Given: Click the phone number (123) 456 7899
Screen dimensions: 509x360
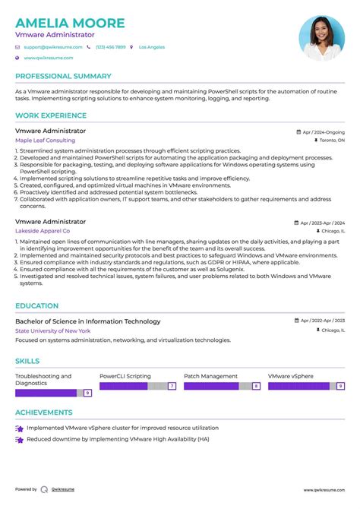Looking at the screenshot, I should click(x=110, y=47).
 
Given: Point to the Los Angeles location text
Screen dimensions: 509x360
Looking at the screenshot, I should click(x=151, y=47).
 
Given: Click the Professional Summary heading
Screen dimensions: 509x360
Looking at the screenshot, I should click(x=63, y=76).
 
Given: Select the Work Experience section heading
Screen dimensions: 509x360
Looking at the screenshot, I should click(x=51, y=115).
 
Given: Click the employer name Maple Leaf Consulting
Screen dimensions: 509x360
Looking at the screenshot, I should click(x=45, y=141).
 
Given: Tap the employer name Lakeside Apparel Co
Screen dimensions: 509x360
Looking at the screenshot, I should click(x=43, y=230).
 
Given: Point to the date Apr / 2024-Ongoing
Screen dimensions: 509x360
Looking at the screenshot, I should click(x=323, y=131).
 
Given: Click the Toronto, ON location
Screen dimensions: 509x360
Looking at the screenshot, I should click(x=331, y=141).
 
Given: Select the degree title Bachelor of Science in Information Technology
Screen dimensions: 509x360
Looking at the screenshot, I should click(x=87, y=321).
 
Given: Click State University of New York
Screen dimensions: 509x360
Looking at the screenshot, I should click(x=52, y=331).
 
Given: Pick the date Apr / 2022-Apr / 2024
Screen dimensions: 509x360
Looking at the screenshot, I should click(x=322, y=321).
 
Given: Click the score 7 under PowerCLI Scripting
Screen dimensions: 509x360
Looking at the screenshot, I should click(x=172, y=386).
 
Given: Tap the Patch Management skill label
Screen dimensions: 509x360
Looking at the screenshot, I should click(x=210, y=376).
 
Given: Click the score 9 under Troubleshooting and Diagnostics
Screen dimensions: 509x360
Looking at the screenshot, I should click(x=88, y=393).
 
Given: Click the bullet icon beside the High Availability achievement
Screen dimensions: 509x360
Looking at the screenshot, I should click(x=20, y=441).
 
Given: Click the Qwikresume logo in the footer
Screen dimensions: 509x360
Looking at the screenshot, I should click(x=45, y=489).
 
